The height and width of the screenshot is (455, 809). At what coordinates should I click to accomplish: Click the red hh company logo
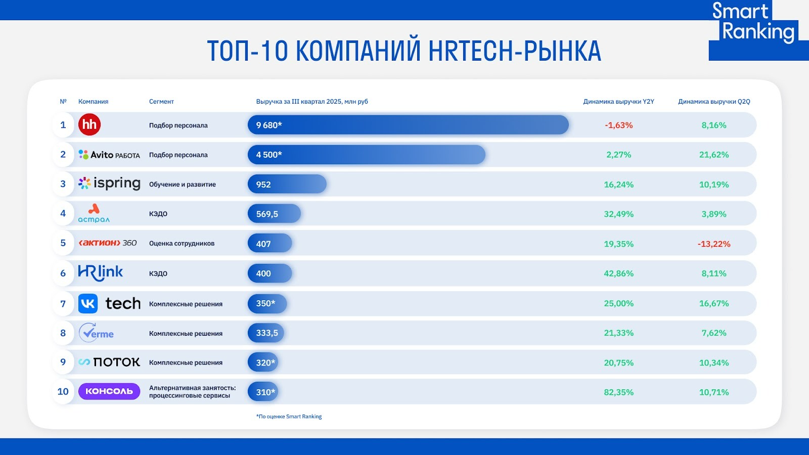tap(89, 124)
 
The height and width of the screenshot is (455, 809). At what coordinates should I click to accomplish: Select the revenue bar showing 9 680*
tap(408, 125)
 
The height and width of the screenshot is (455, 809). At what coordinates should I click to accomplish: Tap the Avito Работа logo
tap(109, 155)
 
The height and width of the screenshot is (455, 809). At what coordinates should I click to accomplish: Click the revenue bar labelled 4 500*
tap(366, 155)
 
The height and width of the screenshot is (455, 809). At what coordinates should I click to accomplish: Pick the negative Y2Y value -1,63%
tap(619, 125)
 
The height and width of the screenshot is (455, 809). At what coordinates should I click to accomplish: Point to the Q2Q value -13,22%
tap(713, 244)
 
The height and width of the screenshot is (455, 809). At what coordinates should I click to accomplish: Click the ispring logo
tap(109, 184)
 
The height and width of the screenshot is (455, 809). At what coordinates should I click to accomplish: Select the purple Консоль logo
tap(109, 391)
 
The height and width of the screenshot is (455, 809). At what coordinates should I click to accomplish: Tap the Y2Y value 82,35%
tap(619, 392)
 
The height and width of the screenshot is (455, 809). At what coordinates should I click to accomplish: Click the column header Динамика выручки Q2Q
tap(714, 102)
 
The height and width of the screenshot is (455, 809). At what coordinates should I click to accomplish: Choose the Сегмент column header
tap(161, 102)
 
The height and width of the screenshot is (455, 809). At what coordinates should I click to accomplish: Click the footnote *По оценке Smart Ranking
tap(289, 417)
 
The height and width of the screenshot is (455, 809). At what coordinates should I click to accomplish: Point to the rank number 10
tap(63, 391)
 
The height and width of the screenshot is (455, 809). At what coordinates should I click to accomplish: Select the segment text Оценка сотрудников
tap(182, 243)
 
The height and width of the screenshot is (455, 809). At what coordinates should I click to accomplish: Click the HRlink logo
tap(101, 273)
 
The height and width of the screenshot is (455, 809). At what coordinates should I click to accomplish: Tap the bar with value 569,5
tap(274, 214)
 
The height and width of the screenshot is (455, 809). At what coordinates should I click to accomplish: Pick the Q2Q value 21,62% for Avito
tap(713, 155)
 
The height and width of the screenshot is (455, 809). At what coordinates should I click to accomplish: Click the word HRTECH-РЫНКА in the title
tap(515, 51)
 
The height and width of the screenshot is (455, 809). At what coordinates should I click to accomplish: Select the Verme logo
tap(96, 333)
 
